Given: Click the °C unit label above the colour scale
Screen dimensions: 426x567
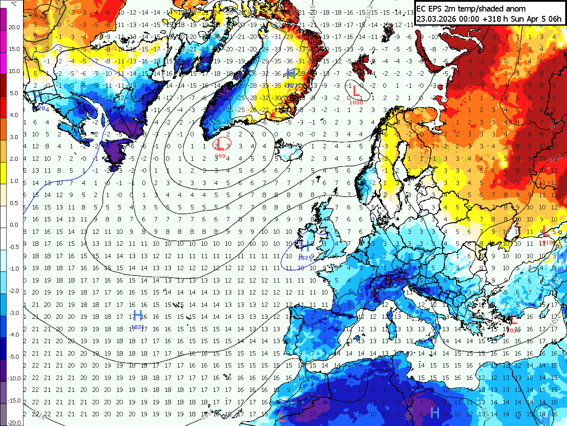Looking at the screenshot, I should tap(14, 4).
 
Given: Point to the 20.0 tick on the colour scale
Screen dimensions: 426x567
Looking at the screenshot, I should tap(14, 27).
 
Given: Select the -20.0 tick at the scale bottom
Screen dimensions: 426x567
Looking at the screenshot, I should tap(14, 422).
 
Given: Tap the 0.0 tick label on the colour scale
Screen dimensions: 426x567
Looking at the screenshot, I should tap(14, 225).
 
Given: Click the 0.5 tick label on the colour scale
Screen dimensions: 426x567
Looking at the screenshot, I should tap(14, 203).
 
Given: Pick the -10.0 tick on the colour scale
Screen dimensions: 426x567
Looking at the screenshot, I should tap(14, 379).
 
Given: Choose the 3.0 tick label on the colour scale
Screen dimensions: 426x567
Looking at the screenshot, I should tap(14, 137).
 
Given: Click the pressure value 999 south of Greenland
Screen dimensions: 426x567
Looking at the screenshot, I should tap(220, 156).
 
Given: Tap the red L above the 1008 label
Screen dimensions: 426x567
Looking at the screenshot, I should tap(355, 92).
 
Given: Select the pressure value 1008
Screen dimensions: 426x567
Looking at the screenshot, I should tap(356, 102).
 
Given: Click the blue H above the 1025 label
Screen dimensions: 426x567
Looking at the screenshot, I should tap(305, 246).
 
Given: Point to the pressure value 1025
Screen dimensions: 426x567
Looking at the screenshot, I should tap(305, 258).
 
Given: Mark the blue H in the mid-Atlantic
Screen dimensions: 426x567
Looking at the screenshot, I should tap(138, 315).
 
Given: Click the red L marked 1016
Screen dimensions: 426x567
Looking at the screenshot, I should tap(513, 320).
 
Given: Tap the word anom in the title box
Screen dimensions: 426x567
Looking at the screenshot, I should tap(514, 8).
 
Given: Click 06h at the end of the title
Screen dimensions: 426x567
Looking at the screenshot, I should tap(555, 19).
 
